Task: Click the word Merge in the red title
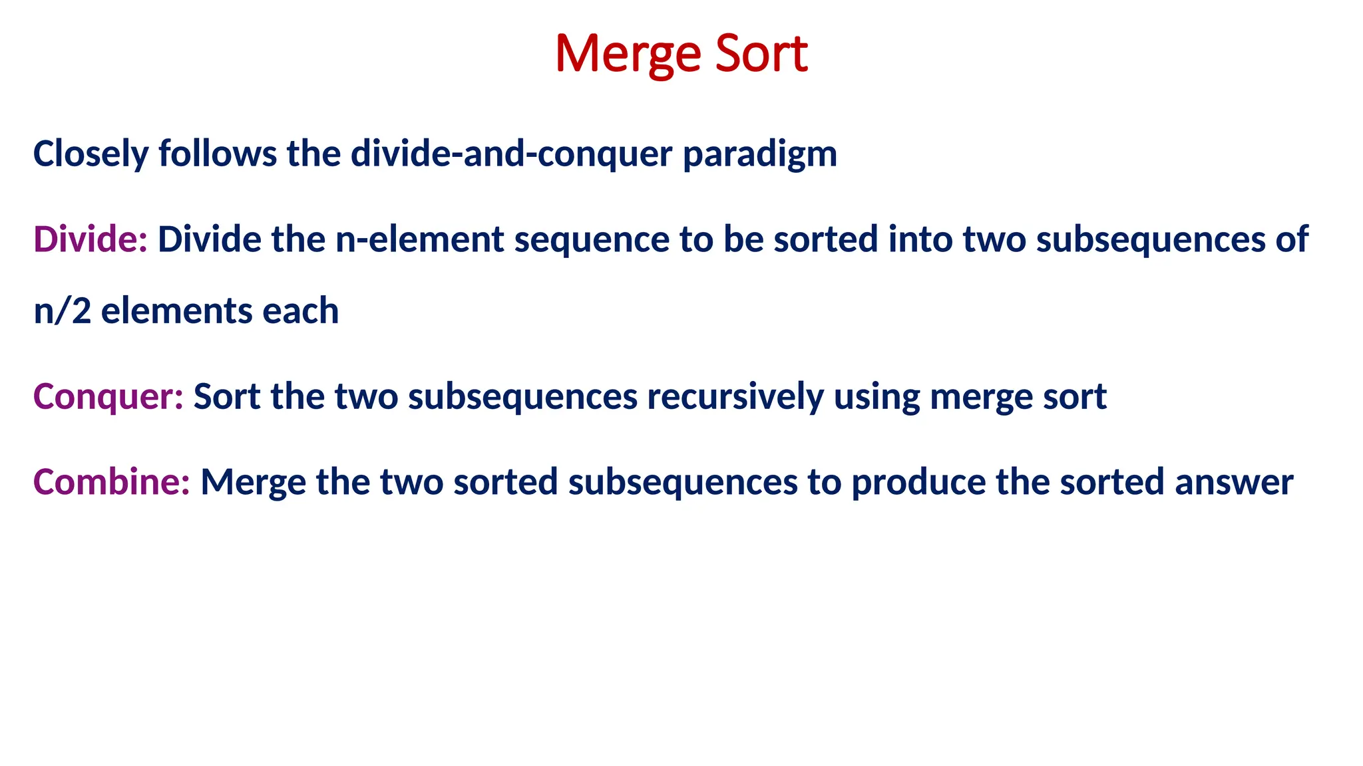pos(628,55)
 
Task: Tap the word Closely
pos(91,154)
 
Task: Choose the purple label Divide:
pos(91,239)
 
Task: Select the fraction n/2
pos(62,311)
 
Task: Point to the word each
pos(300,311)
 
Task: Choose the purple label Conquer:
pos(108,397)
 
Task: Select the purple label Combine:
pos(112,482)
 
